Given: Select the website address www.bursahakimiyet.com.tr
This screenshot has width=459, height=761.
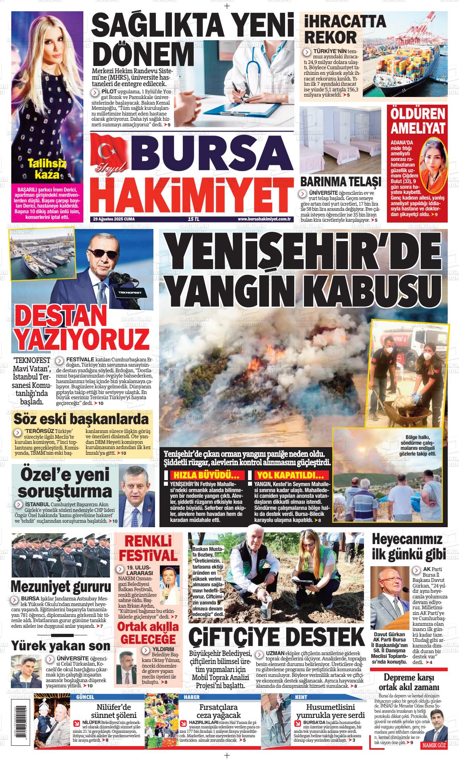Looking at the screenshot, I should tap(264, 219).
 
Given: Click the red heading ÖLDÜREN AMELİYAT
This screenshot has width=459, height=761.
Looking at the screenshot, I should tap(418, 121).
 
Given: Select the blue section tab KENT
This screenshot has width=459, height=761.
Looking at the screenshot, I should tap(301, 697).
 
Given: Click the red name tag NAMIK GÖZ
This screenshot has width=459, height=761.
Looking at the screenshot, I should tap(434, 746).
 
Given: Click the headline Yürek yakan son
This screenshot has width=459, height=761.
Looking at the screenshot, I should tap(60, 646).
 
